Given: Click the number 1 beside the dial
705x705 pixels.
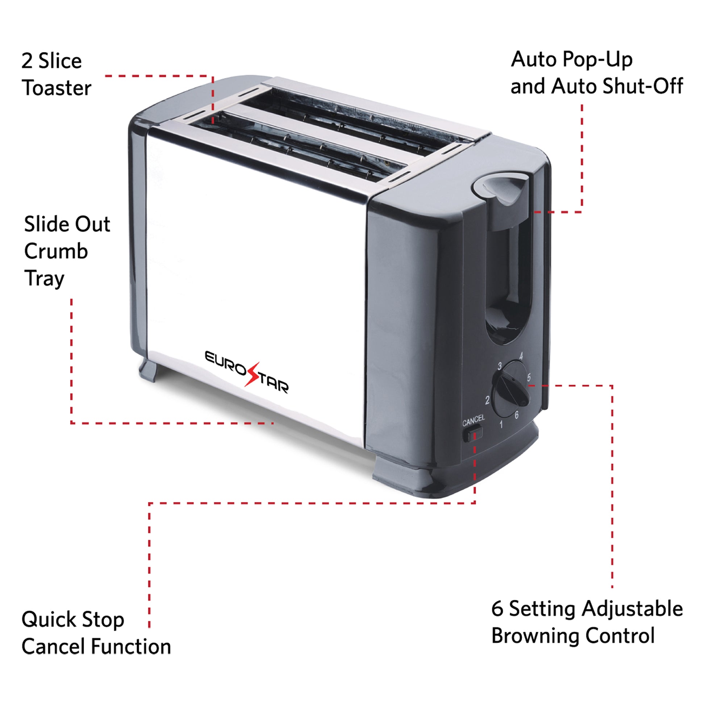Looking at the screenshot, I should click(x=501, y=424).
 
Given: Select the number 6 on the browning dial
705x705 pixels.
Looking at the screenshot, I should click(x=516, y=415).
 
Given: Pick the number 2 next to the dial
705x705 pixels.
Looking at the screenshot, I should click(x=487, y=400).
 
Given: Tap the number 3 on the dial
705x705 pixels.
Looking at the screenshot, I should click(x=500, y=366).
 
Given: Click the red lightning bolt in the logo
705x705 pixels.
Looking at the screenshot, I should click(x=252, y=374).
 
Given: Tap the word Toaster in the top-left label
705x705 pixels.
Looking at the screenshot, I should click(x=57, y=88).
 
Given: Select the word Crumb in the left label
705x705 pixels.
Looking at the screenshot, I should click(x=56, y=251).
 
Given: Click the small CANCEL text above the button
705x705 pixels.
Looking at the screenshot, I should click(x=473, y=420).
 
